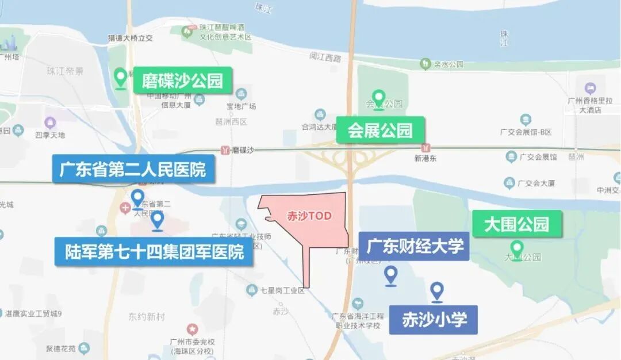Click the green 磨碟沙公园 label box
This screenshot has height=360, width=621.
point(182,80)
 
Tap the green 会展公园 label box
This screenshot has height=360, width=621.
point(380,130)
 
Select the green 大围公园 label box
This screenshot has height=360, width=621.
point(516,223)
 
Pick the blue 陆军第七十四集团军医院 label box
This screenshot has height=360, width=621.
point(154,252)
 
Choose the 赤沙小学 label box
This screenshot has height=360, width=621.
point(434,319)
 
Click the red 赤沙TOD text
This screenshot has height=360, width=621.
point(309,216)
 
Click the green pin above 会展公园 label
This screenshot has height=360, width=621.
point(378,98)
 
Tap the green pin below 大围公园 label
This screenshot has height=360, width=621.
point(517,248)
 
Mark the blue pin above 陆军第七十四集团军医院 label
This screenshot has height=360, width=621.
point(157,220)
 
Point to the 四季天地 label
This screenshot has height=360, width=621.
point(50,135)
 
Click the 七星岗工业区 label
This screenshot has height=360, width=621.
point(282,291)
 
